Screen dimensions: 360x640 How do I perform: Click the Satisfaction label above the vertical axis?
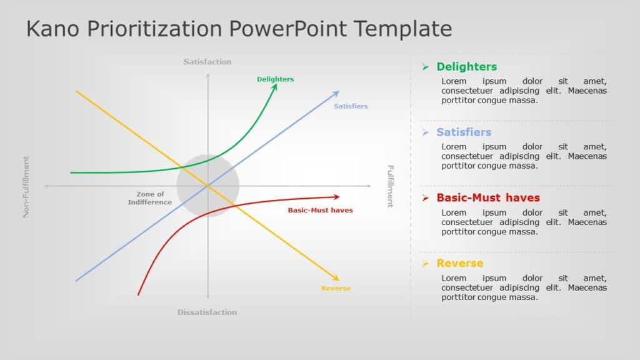[207, 62]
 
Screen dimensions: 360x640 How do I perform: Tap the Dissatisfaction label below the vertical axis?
[207, 312]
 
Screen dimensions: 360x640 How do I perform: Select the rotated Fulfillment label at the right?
[390, 186]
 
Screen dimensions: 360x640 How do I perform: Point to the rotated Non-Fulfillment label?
[26, 186]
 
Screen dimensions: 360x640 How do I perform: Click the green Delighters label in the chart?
[275, 79]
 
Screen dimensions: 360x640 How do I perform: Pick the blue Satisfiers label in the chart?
[351, 106]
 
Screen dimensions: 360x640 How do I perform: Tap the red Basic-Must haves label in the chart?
[320, 210]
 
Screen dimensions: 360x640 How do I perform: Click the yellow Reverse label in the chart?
[336, 288]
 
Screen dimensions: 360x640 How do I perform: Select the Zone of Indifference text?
[150, 198]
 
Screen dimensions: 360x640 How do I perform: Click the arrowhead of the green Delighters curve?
[274, 87]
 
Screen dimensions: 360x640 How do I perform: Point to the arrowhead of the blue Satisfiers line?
[336, 94]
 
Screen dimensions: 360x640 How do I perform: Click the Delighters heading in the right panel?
[466, 67]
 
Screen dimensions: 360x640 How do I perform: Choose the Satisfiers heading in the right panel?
[464, 132]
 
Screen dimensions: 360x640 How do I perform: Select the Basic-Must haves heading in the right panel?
[487, 198]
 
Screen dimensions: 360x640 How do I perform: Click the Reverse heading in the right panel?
[459, 264]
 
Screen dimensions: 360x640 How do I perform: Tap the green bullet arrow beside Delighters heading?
[425, 67]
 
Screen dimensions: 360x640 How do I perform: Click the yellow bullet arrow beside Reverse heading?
[425, 264]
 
